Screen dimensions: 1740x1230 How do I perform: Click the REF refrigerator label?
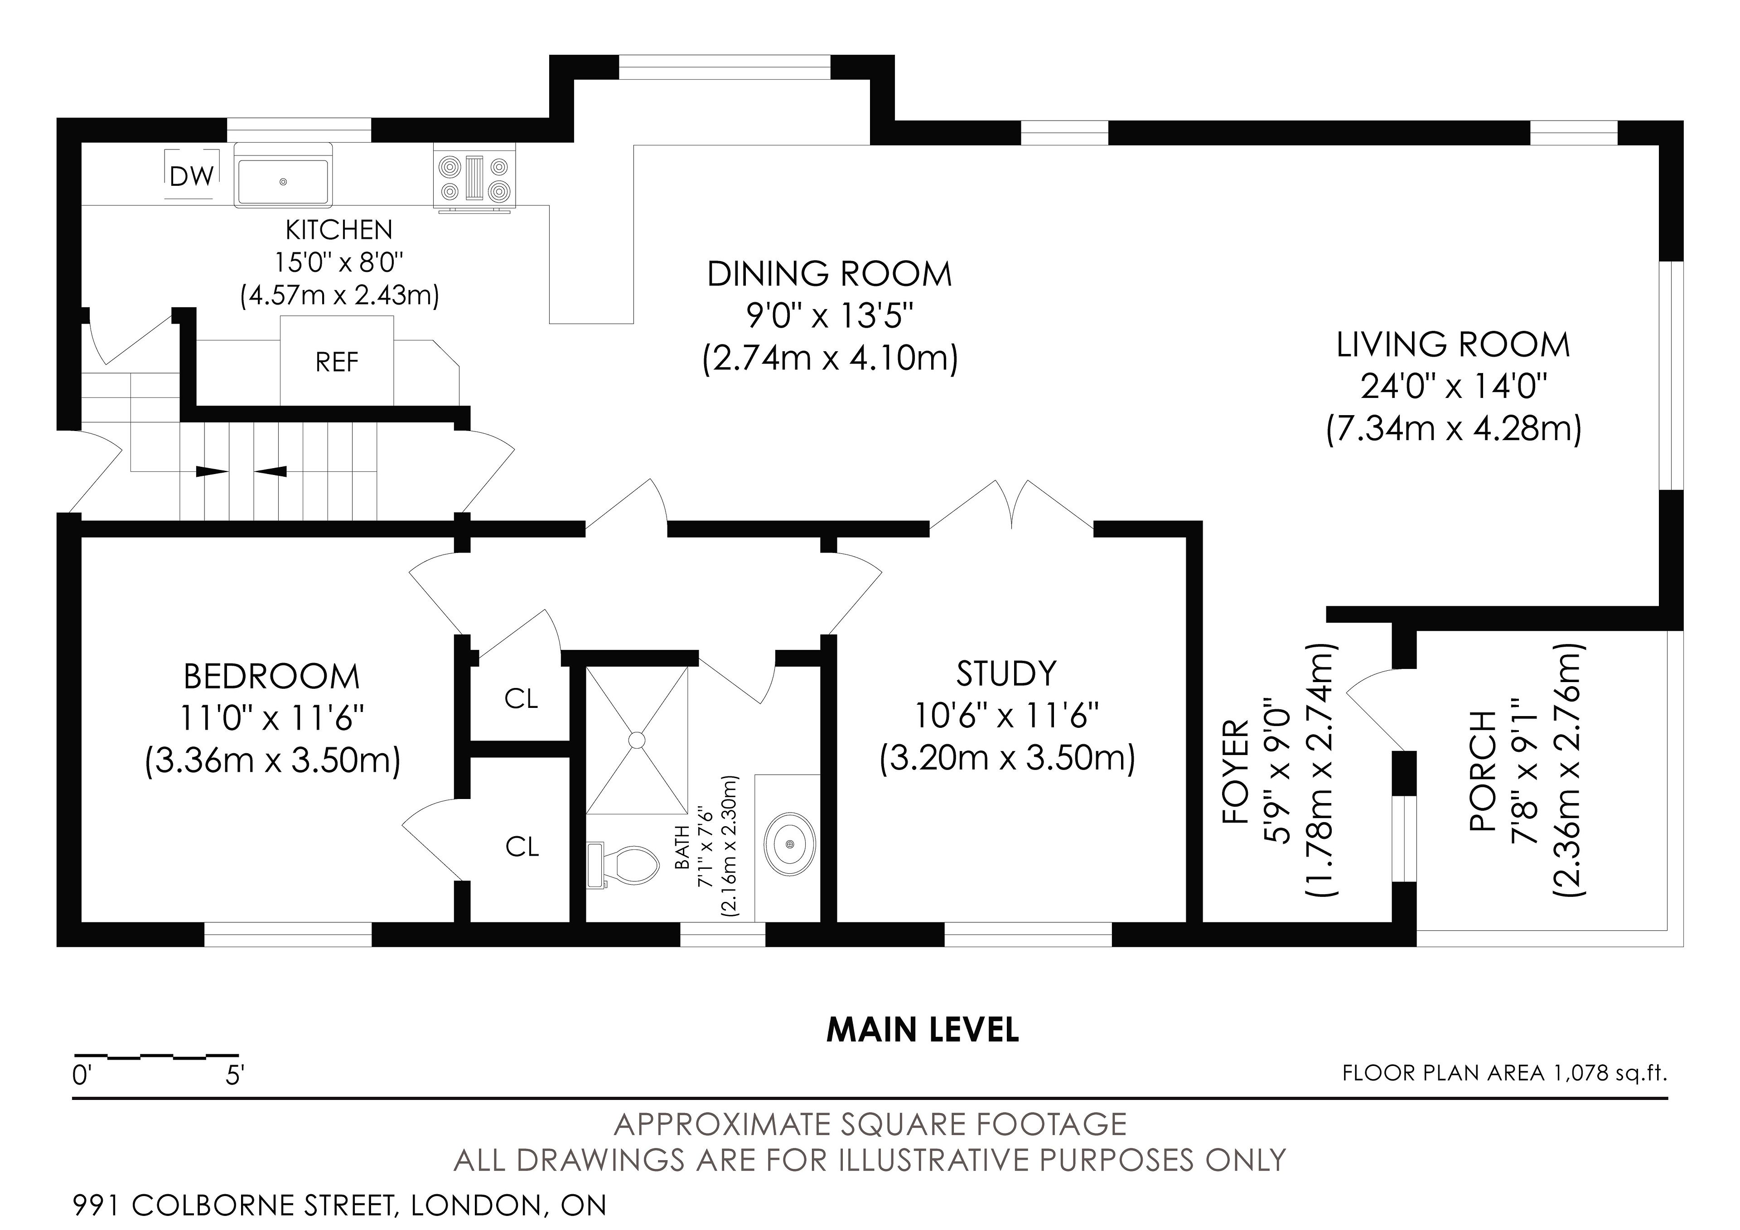[x=337, y=362]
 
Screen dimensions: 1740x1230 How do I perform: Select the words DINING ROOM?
[x=830, y=274]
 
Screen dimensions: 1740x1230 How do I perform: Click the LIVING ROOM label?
[x=1453, y=345]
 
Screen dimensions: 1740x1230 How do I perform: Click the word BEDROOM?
[x=272, y=677]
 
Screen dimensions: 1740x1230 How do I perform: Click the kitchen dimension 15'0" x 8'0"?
[x=339, y=262]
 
